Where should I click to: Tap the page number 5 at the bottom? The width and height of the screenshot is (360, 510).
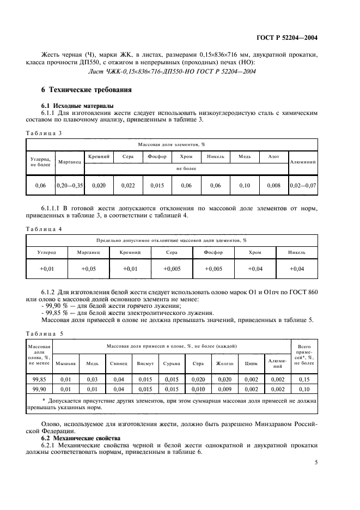pos(315,463)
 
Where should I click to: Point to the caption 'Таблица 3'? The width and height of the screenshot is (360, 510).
pos(44,132)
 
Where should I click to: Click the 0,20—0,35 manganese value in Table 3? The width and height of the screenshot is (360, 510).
pos(69,186)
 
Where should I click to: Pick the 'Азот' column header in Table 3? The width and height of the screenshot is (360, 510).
pos(274,156)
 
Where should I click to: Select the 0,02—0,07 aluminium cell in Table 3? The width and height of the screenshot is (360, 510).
pos(303,186)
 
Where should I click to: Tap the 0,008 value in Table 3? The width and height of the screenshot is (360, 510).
pos(274,186)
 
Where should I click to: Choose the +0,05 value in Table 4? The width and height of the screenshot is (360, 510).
pos(88,269)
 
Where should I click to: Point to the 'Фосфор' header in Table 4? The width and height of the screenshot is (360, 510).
pos(213,253)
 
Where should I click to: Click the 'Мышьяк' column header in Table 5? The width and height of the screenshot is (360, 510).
pos(66,363)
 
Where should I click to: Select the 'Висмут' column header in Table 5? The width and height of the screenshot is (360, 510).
pos(145,363)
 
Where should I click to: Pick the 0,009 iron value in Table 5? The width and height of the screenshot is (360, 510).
pos(224,390)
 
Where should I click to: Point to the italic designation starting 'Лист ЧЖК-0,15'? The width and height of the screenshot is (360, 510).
pos(180,71)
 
